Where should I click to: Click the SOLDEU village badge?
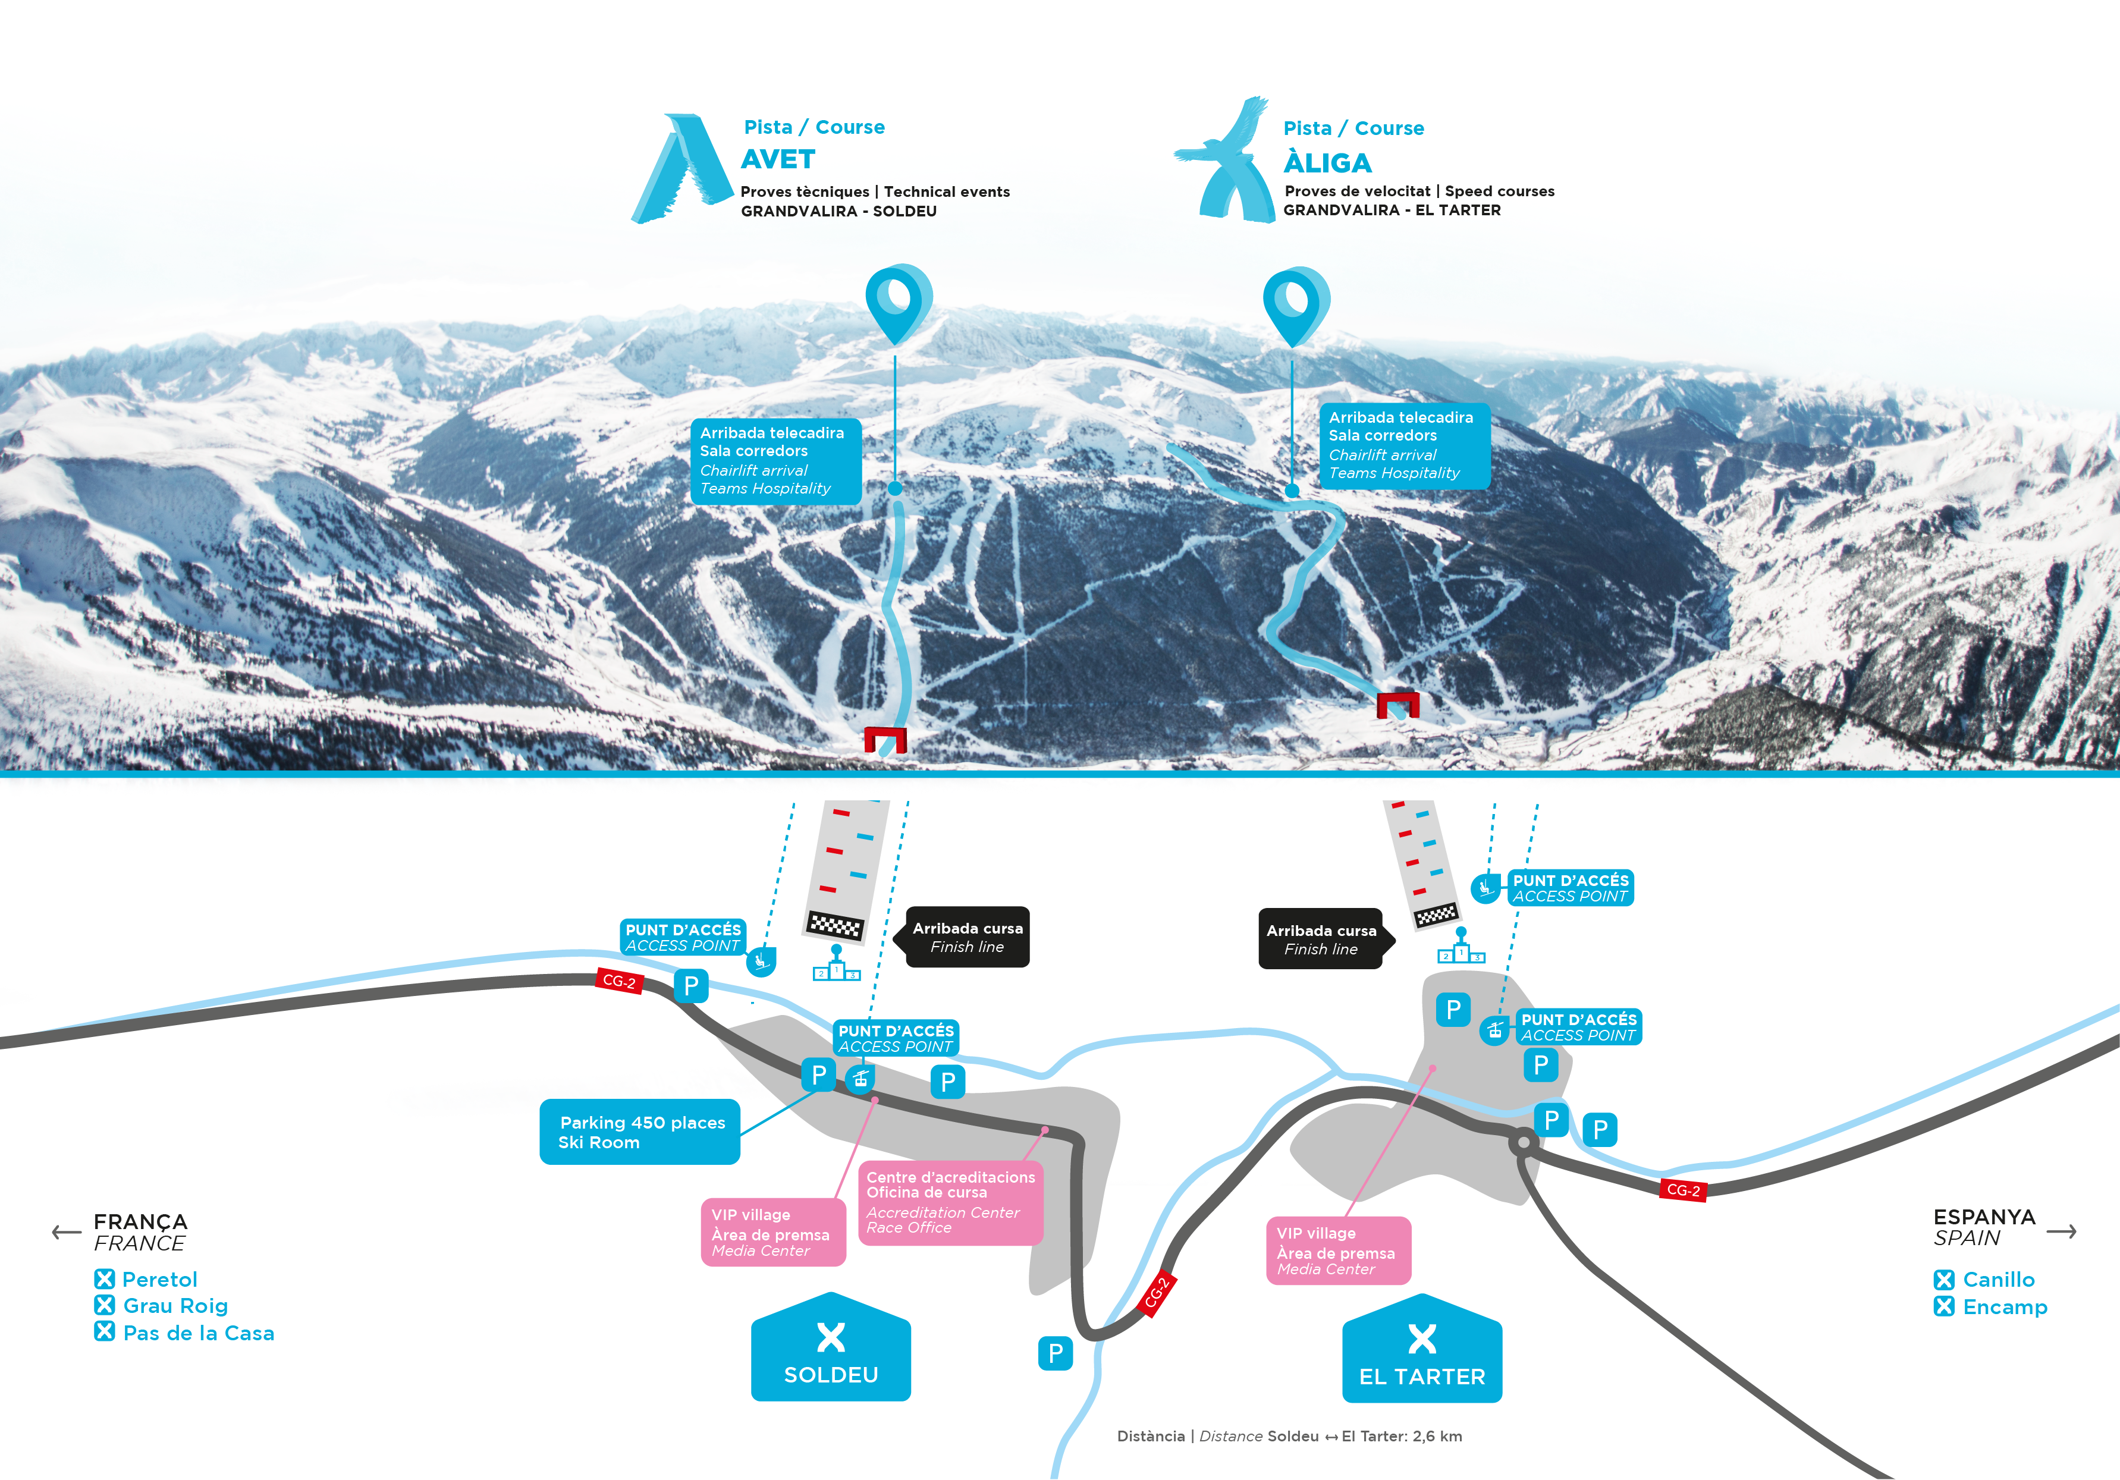click(x=830, y=1349)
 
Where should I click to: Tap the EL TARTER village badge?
click(x=1422, y=1351)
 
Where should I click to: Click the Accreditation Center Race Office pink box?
click(x=950, y=1202)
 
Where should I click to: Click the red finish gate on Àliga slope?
click(x=1397, y=705)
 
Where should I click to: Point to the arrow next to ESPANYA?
click(x=2061, y=1231)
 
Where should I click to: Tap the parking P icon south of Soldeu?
click(x=1056, y=1353)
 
